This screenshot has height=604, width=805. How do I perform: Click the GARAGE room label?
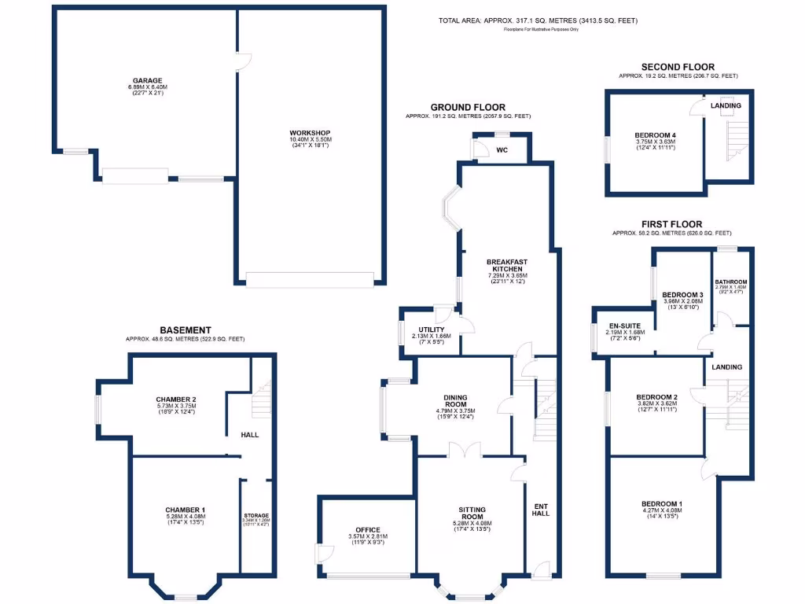pos(147,80)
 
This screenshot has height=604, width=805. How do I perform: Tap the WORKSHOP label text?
pos(309,132)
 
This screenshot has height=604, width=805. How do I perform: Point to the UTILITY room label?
pos(432,330)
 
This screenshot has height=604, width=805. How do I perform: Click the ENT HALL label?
pos(542,509)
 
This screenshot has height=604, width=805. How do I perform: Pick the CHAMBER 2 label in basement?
pos(175,399)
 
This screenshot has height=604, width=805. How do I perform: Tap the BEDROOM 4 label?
pos(654,135)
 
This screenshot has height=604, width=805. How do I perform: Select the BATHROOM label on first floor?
pos(730,282)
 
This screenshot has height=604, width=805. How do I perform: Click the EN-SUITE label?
pos(625,325)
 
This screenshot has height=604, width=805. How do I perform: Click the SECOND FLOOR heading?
pos(677,67)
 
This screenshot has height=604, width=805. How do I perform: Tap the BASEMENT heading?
pos(185,330)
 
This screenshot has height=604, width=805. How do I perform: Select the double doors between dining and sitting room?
pos(464,450)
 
